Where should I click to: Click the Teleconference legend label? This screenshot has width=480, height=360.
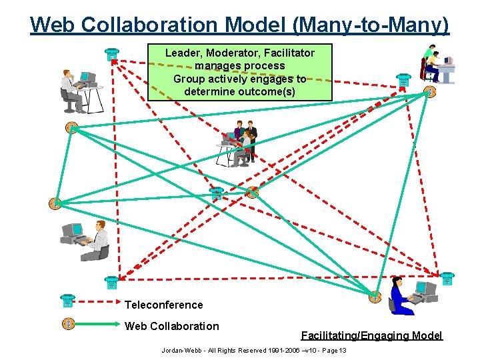(x=163, y=305)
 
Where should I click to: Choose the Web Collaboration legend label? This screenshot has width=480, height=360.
(x=171, y=326)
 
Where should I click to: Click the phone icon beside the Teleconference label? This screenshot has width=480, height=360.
(x=67, y=301)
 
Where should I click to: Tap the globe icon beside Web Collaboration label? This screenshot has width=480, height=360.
(x=67, y=323)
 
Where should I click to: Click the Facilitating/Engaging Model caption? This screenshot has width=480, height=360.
(x=371, y=336)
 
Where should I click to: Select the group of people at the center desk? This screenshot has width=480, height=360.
(x=238, y=143)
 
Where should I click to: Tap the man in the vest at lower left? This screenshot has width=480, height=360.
(x=96, y=241)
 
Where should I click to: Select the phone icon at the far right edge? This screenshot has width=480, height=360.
(x=447, y=278)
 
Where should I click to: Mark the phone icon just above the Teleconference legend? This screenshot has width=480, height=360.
(x=111, y=283)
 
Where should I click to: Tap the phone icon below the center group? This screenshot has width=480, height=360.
(x=216, y=194)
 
